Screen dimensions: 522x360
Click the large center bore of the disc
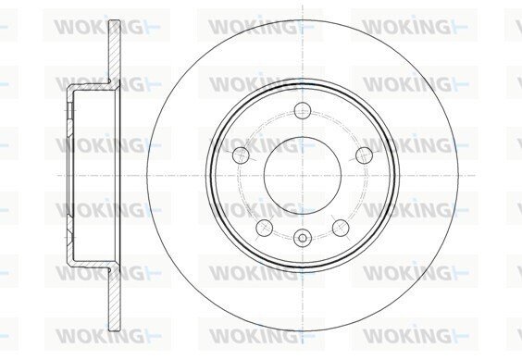tap(303, 175)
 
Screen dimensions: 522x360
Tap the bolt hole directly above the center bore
tap(303, 110)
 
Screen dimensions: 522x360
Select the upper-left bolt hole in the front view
tap(241, 155)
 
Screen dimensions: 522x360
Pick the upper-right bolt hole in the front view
tap(364, 155)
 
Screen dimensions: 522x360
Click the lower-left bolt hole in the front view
tap(265, 228)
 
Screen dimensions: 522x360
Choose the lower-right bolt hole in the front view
tap(341, 228)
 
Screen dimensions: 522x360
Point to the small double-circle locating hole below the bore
tap(303, 238)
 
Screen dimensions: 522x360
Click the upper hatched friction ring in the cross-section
tap(114, 52)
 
